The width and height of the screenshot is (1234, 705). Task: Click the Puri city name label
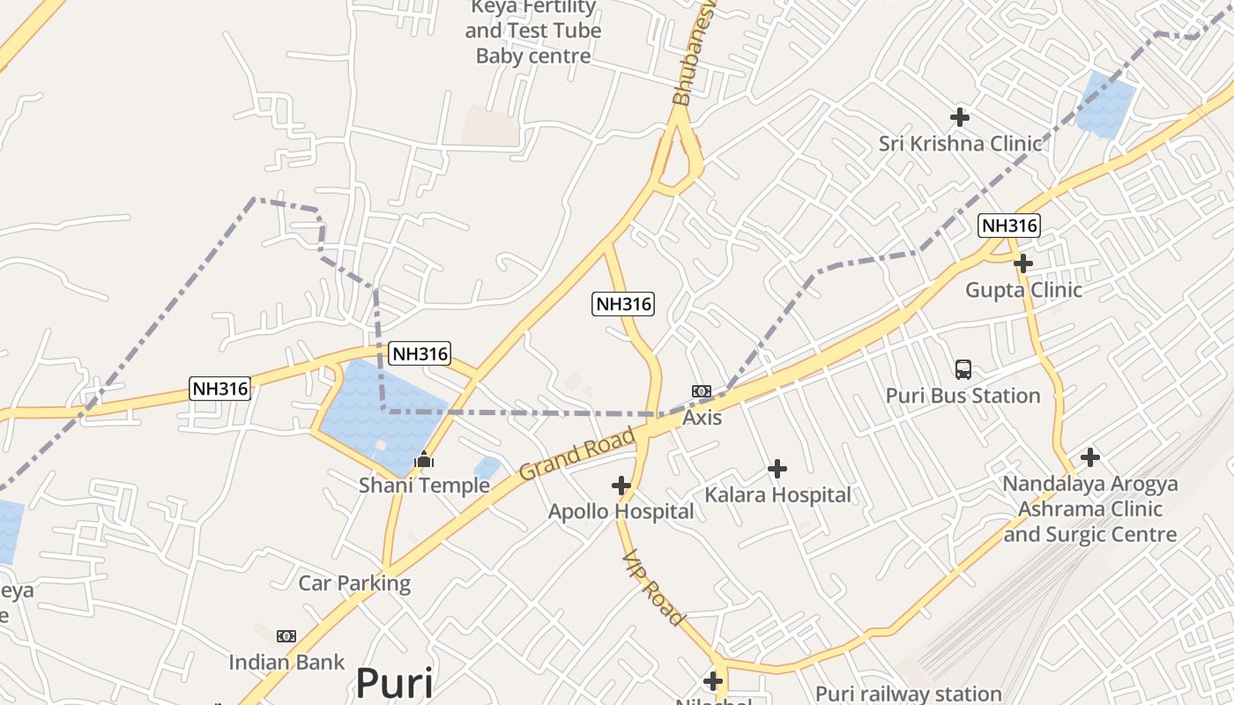394,684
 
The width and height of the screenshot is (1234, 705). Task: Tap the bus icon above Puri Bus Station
963,370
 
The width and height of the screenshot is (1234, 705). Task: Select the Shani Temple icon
424,459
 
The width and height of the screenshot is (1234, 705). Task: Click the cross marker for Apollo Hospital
621,485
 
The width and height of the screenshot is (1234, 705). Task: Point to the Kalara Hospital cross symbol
777,469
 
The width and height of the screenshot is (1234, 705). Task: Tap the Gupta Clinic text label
1023,290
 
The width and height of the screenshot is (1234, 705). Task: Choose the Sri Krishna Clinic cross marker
960,116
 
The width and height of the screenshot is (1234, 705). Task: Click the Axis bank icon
702,391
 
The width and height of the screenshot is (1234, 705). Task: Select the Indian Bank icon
286,636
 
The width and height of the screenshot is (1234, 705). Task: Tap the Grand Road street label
577,454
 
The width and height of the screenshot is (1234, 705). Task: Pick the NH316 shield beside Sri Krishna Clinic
1009,226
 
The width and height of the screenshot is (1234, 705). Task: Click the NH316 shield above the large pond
420,353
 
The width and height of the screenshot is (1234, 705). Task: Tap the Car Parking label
354,583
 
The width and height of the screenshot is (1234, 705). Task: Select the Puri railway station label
908,694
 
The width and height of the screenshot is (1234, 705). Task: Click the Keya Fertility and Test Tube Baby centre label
533,32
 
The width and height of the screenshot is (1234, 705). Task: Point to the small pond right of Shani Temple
487,468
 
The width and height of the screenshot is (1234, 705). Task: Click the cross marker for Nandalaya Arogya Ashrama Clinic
1090,457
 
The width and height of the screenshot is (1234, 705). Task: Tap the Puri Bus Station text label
963,396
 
